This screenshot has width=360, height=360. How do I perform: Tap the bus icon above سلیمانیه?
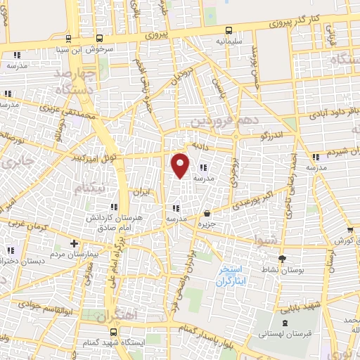coord(229,31)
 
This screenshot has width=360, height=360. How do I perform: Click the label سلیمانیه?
coord(230,42)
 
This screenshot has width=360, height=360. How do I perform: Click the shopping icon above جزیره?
coord(207,214)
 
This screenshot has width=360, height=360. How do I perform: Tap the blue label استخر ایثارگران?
coord(229,275)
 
